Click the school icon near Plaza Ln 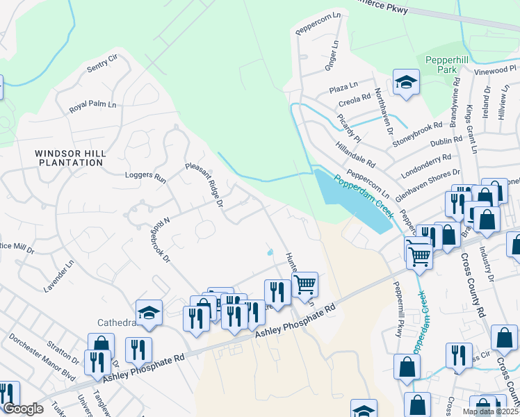point(405,83)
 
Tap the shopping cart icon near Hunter point(305,284)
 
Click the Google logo point(22,409)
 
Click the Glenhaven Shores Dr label point(428,185)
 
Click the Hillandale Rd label point(355,154)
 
